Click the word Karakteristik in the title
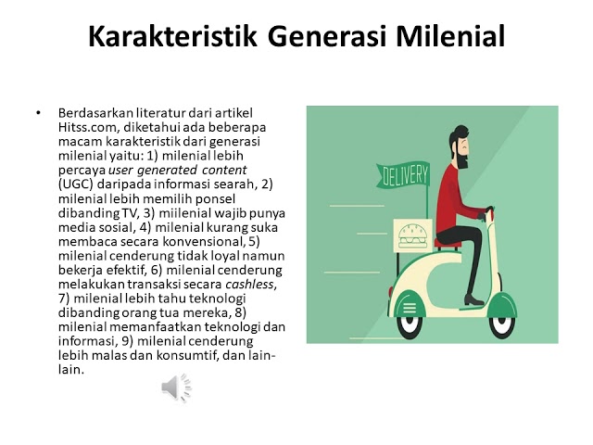click(x=172, y=36)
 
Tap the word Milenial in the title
click(x=450, y=36)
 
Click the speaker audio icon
click(x=176, y=388)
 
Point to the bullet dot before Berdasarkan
click(x=38, y=113)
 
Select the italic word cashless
click(x=250, y=285)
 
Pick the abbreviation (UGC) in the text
click(x=76, y=184)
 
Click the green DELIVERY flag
click(x=403, y=175)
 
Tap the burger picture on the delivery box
click(x=412, y=236)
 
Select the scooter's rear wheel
click(x=410, y=324)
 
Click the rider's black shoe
click(x=473, y=300)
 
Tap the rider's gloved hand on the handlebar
click(x=482, y=216)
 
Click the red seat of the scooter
click(x=448, y=243)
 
